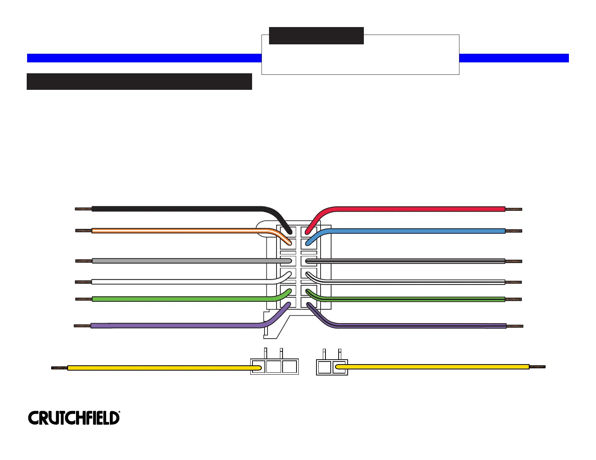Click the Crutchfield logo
(x=74, y=418)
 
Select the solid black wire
(x=177, y=209)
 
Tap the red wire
(x=414, y=209)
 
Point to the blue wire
(x=414, y=231)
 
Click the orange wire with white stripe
(x=177, y=230)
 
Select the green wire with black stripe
(x=414, y=300)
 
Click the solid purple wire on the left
(x=177, y=326)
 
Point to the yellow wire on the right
(x=433, y=367)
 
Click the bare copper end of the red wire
(x=514, y=209)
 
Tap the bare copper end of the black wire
(x=83, y=209)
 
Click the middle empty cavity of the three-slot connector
(x=274, y=367)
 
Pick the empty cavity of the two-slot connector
(x=324, y=367)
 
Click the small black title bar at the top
(x=316, y=36)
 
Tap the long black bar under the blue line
(x=139, y=82)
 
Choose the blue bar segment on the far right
(x=514, y=58)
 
